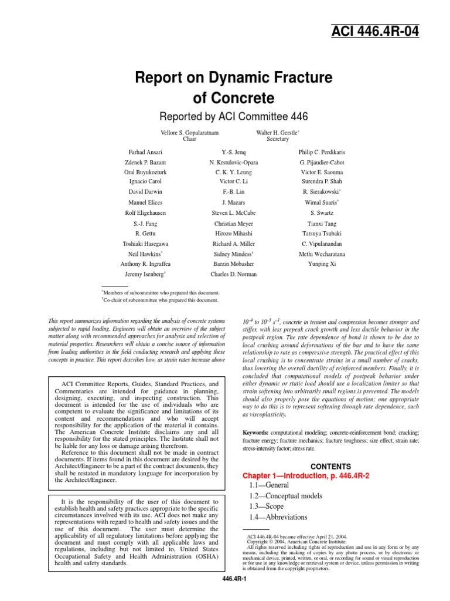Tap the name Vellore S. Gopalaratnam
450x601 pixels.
189,133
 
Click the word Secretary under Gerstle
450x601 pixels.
278,140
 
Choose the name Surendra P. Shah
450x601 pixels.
322,181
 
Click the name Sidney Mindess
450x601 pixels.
232,254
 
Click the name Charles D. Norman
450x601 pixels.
233,274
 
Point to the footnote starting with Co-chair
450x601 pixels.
161,300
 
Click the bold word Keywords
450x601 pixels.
256,432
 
